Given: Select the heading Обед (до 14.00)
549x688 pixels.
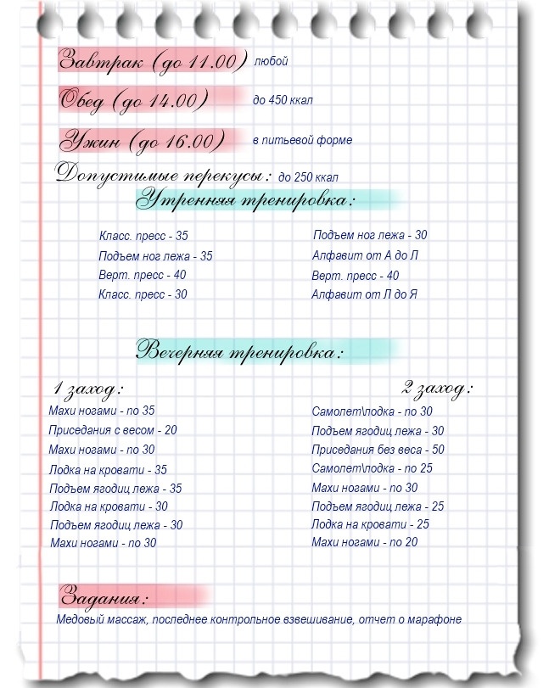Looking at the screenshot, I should (134, 100).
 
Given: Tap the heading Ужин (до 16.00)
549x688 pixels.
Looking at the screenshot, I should (143, 140).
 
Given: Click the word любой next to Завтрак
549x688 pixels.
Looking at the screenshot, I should (271, 62).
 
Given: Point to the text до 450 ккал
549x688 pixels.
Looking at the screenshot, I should (283, 100).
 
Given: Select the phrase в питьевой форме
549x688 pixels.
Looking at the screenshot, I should (302, 140).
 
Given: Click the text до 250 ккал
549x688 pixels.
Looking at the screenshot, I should (308, 177).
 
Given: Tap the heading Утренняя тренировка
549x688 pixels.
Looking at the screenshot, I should (246, 201).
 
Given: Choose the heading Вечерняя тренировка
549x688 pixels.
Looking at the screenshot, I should (241, 350).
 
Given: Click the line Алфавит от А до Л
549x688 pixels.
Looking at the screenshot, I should (366, 255).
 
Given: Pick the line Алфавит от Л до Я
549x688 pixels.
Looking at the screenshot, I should (365, 295).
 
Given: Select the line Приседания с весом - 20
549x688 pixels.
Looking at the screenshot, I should (113, 430).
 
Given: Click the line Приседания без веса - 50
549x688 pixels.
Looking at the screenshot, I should (378, 450).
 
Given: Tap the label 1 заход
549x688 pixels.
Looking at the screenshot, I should (88, 389).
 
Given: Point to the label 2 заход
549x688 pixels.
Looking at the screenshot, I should (437, 389).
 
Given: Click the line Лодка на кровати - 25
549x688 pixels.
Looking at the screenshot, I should (370, 524).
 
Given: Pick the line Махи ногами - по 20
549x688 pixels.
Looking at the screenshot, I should (364, 542).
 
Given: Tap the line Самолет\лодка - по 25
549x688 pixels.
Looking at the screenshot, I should (372, 468).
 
